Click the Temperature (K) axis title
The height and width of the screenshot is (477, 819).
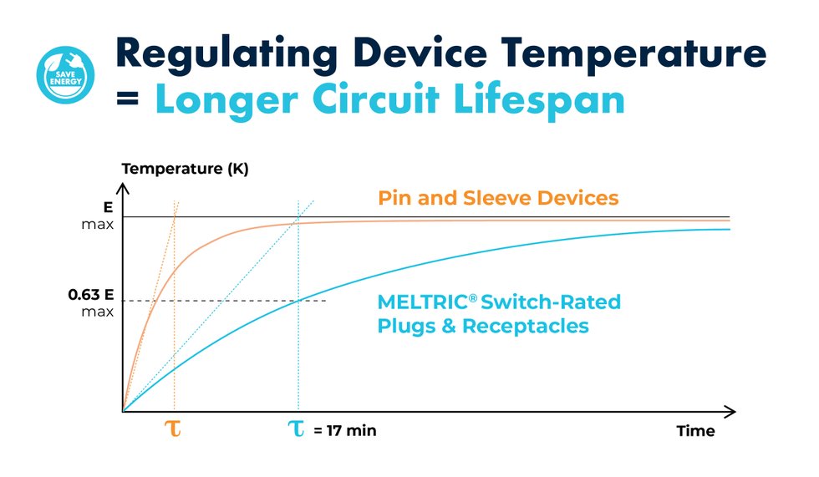pyautogui.click(x=186, y=169)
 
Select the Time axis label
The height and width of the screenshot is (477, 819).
pyautogui.click(x=695, y=431)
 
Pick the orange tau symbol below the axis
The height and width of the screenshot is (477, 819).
pyautogui.click(x=175, y=429)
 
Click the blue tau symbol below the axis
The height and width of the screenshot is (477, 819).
pyautogui.click(x=297, y=429)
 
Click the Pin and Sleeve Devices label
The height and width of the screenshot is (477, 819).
pyautogui.click(x=498, y=198)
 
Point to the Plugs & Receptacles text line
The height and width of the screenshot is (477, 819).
pyautogui.click(x=482, y=326)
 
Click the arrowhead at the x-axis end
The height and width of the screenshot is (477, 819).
pyautogui.click(x=730, y=411)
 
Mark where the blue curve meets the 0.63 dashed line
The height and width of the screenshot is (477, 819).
pyautogui.click(x=298, y=300)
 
